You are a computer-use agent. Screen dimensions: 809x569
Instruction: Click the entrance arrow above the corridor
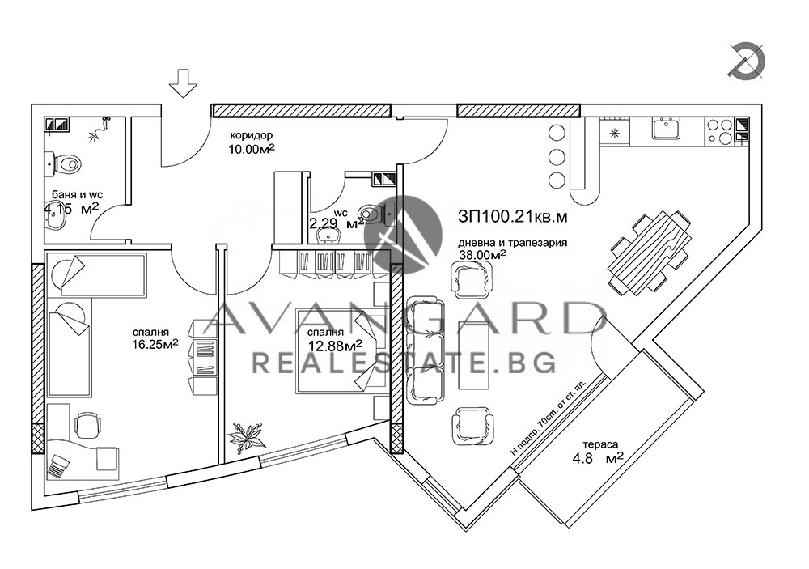[184, 83]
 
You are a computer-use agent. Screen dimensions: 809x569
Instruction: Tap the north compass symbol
[748, 62]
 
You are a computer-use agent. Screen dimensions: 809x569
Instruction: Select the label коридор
[252, 136]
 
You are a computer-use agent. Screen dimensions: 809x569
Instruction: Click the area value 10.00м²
[252, 150]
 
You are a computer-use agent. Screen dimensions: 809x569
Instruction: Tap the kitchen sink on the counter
[666, 128]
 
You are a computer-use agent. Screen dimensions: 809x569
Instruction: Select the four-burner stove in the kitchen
[719, 130]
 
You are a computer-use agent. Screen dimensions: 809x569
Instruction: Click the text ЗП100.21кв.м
[512, 218]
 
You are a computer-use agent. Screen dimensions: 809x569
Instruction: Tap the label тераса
[600, 444]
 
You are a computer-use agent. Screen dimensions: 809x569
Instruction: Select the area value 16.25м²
[155, 345]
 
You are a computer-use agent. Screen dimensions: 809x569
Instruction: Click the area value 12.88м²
[334, 345]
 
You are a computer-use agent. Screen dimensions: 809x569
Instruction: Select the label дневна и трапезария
[513, 243]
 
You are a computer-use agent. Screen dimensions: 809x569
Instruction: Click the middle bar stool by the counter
[557, 156]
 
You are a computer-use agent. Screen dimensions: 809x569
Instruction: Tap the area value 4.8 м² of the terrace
[599, 458]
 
